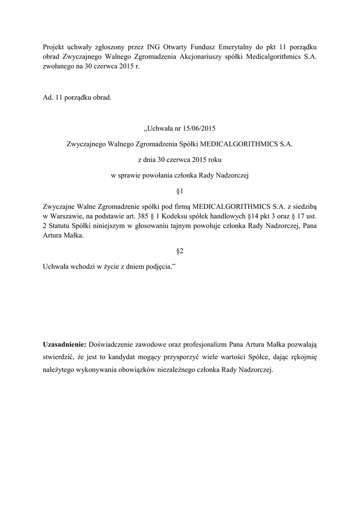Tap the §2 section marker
(180, 251)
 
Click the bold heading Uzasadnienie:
(65, 344)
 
